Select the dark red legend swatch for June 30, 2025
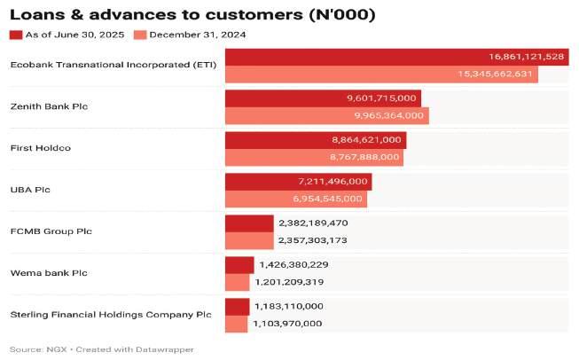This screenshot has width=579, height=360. (15, 35)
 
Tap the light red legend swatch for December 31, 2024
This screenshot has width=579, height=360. (139, 35)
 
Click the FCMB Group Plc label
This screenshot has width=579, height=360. (51, 231)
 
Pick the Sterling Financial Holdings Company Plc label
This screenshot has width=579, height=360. (111, 315)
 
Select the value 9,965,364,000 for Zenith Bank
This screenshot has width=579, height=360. (389, 115)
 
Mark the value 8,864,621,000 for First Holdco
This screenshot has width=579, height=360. (366, 140)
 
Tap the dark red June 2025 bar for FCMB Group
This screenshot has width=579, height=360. (249, 223)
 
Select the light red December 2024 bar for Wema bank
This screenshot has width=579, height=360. (238, 282)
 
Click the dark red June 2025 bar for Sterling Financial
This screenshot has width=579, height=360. (237, 307)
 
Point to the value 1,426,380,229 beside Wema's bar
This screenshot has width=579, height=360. (293, 265)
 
